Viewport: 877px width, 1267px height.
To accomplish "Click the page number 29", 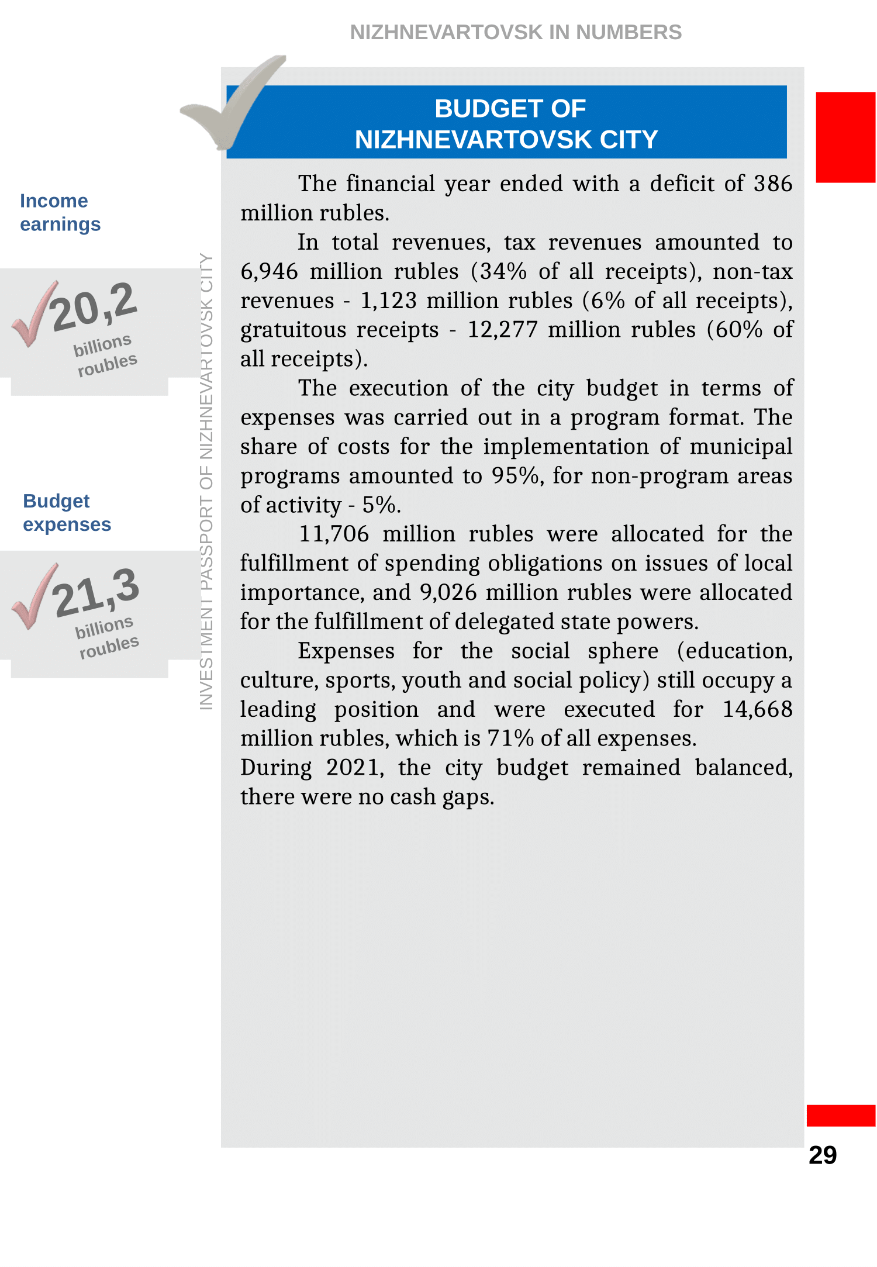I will pos(822,1155).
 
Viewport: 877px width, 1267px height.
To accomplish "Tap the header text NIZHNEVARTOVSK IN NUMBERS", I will pos(515,32).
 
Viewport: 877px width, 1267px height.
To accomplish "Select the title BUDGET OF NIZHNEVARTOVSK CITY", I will pos(506,123).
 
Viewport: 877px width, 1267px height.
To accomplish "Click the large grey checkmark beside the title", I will pos(234,102).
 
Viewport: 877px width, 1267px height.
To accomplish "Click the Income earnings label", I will pos(60,212).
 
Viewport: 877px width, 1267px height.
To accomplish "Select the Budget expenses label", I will pos(67,513).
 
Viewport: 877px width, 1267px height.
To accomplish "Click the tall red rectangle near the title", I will pos(845,137).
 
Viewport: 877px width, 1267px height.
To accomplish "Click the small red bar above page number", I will pos(840,1115).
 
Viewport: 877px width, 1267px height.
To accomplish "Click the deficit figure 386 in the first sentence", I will pos(772,184).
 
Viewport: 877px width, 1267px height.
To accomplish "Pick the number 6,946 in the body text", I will pos(269,271).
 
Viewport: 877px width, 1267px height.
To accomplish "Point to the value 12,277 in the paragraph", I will pos(502,330).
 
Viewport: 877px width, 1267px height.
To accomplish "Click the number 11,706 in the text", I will pos(334,534).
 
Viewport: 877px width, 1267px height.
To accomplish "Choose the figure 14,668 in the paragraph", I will pos(757,709).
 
